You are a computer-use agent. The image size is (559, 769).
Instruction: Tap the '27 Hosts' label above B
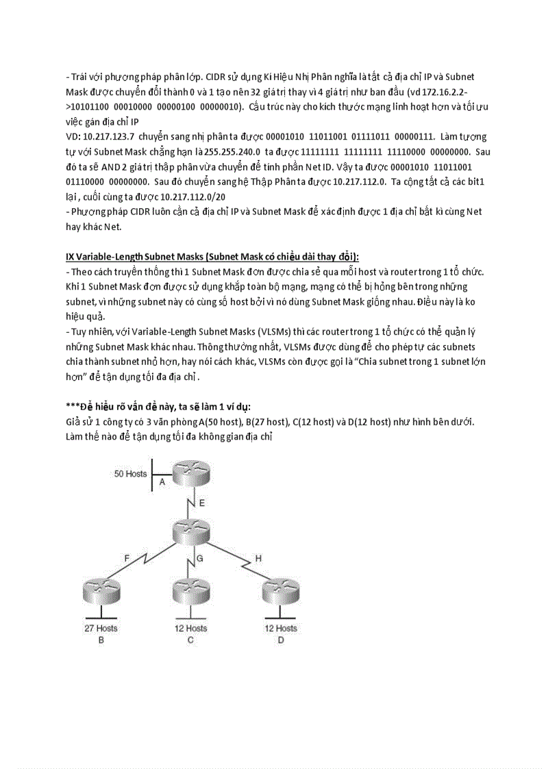point(101,628)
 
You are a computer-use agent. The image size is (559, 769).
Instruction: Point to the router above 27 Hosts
point(101,593)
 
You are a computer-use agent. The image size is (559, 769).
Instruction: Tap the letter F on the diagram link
point(127,558)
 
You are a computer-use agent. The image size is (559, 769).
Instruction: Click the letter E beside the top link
point(201,503)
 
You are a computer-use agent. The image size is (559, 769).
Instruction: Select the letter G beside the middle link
point(200,558)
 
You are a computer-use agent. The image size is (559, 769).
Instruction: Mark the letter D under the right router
point(280,640)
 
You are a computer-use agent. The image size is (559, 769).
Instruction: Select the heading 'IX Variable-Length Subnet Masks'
point(138,256)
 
